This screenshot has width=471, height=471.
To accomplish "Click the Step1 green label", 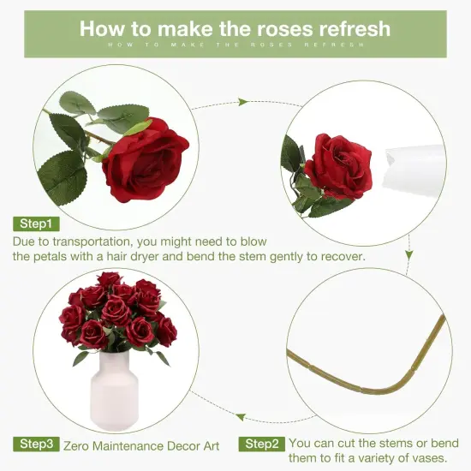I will [36, 224].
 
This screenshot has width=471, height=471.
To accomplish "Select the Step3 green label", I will [36, 444].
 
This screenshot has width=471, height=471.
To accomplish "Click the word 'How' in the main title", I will [104, 27].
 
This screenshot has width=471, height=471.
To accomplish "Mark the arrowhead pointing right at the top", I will [243, 102].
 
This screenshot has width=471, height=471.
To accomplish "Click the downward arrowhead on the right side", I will [409, 255].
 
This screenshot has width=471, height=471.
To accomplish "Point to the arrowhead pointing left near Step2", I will [241, 418].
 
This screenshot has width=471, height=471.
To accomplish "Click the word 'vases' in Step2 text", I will [428, 458].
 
